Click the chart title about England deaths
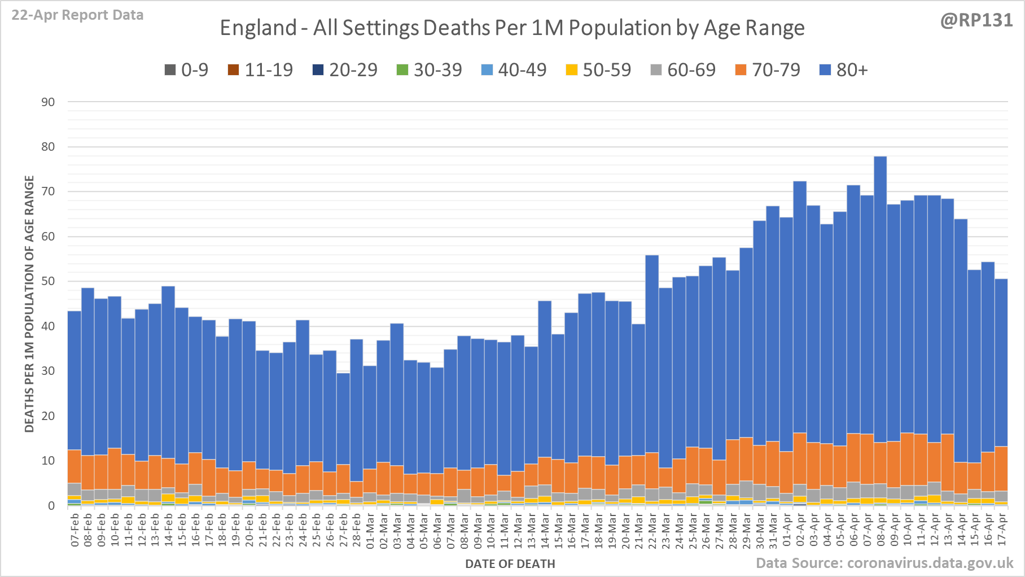[x=512, y=28]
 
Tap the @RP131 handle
[x=976, y=20]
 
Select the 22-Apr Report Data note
[x=77, y=15]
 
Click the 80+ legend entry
[x=843, y=70]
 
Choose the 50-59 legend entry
[x=598, y=70]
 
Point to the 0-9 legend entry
[x=186, y=70]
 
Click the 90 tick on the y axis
[x=49, y=102]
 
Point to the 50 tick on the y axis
[x=49, y=281]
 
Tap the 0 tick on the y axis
[x=51, y=505]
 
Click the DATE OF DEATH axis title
[x=510, y=563]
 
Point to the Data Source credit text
[x=884, y=563]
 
